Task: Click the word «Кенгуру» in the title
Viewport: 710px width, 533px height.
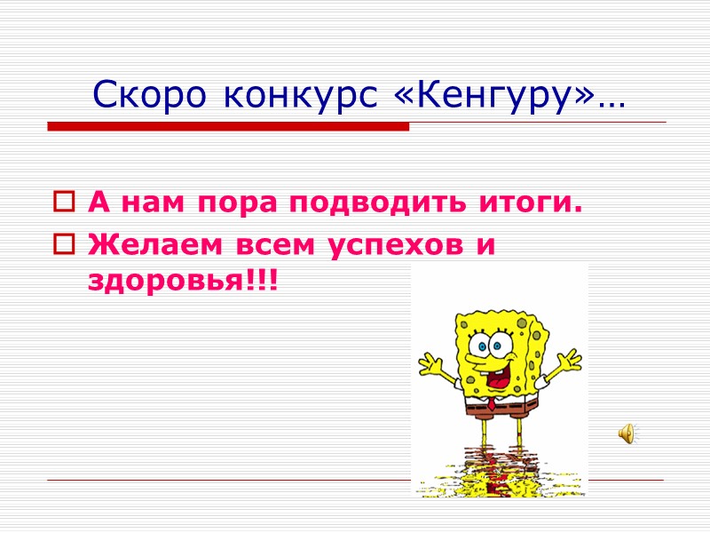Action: (501, 93)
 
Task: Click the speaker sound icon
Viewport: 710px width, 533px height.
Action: (626, 433)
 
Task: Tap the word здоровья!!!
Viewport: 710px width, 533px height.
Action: (182, 281)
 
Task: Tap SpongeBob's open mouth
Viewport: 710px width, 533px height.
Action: (498, 374)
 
